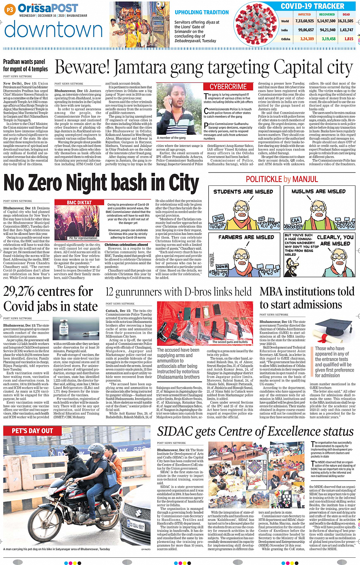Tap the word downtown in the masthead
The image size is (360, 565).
click(x=53, y=30)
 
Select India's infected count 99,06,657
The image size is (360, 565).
click(x=306, y=30)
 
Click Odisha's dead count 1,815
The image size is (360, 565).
click(x=349, y=39)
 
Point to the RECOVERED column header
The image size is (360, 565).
click(x=327, y=14)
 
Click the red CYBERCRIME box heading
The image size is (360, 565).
click(x=228, y=87)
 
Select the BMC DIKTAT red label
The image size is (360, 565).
click(x=79, y=203)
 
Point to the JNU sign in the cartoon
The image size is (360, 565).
click(x=219, y=219)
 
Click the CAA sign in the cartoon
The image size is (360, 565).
click(x=296, y=220)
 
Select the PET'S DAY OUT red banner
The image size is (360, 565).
click(x=32, y=431)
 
